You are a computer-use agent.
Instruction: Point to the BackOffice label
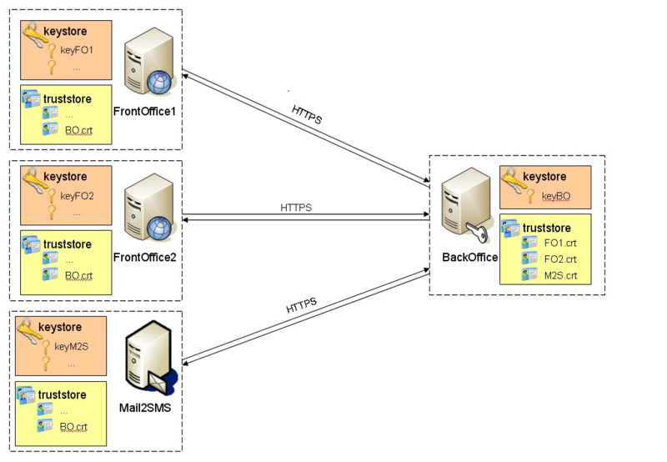click(x=469, y=257)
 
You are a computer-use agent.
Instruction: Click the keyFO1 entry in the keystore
click(x=77, y=49)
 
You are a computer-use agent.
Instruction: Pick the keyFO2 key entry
click(x=77, y=196)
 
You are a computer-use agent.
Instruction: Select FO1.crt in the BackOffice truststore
click(x=560, y=243)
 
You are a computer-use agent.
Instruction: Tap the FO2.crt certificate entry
click(x=560, y=259)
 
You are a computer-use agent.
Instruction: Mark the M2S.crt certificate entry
click(x=560, y=274)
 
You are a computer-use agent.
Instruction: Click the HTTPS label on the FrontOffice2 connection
click(x=296, y=208)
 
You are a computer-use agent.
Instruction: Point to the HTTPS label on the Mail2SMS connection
click(x=302, y=307)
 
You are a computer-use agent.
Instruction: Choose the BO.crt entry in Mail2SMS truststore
click(x=73, y=426)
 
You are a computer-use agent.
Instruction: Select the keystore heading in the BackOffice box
click(x=544, y=177)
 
